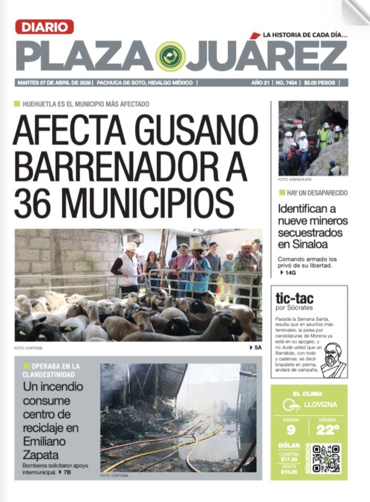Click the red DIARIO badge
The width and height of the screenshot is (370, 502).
pos(44,27)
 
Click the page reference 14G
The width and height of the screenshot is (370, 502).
pos(288,272)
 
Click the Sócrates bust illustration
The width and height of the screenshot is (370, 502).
pos(332,360)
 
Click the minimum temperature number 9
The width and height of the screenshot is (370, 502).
pos(291,430)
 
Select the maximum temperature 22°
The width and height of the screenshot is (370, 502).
pos(328,430)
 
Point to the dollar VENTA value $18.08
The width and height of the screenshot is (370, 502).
pos(289,472)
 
